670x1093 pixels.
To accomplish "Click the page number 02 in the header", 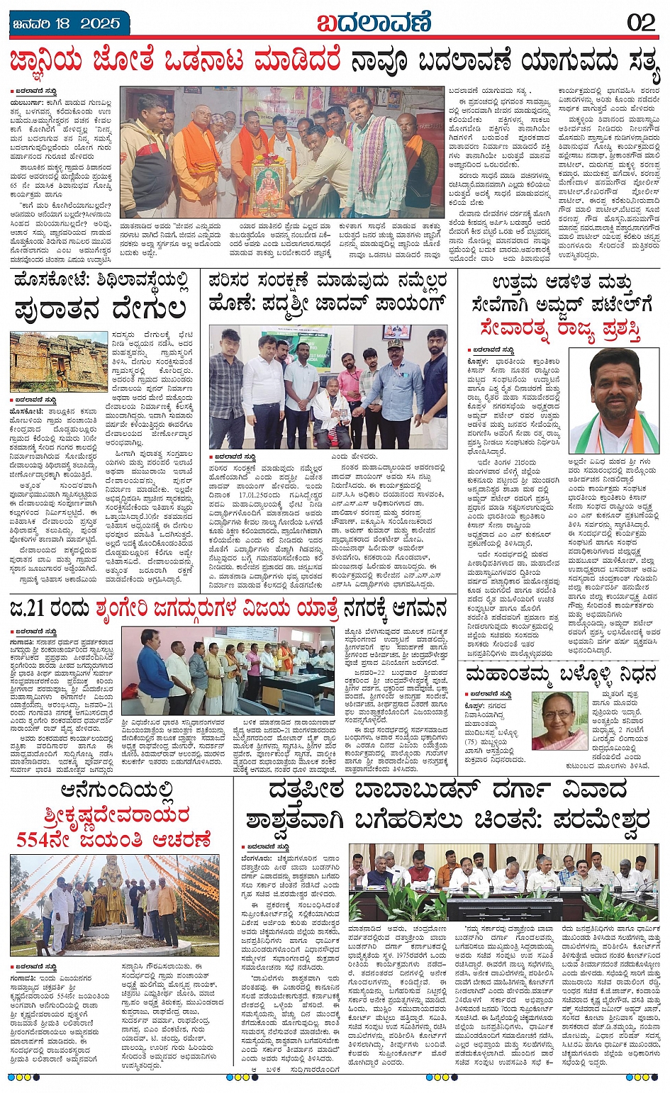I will (x=641, y=23).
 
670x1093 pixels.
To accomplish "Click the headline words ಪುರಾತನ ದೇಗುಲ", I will (x=99, y=310).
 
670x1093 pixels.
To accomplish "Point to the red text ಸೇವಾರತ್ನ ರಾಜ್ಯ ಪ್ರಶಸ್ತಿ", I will (x=559, y=329).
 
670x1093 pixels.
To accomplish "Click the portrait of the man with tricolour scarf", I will (x=614, y=400).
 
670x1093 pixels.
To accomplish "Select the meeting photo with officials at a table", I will (x=503, y=882).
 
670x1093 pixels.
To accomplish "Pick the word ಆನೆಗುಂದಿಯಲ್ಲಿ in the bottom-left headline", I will (x=117, y=790).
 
